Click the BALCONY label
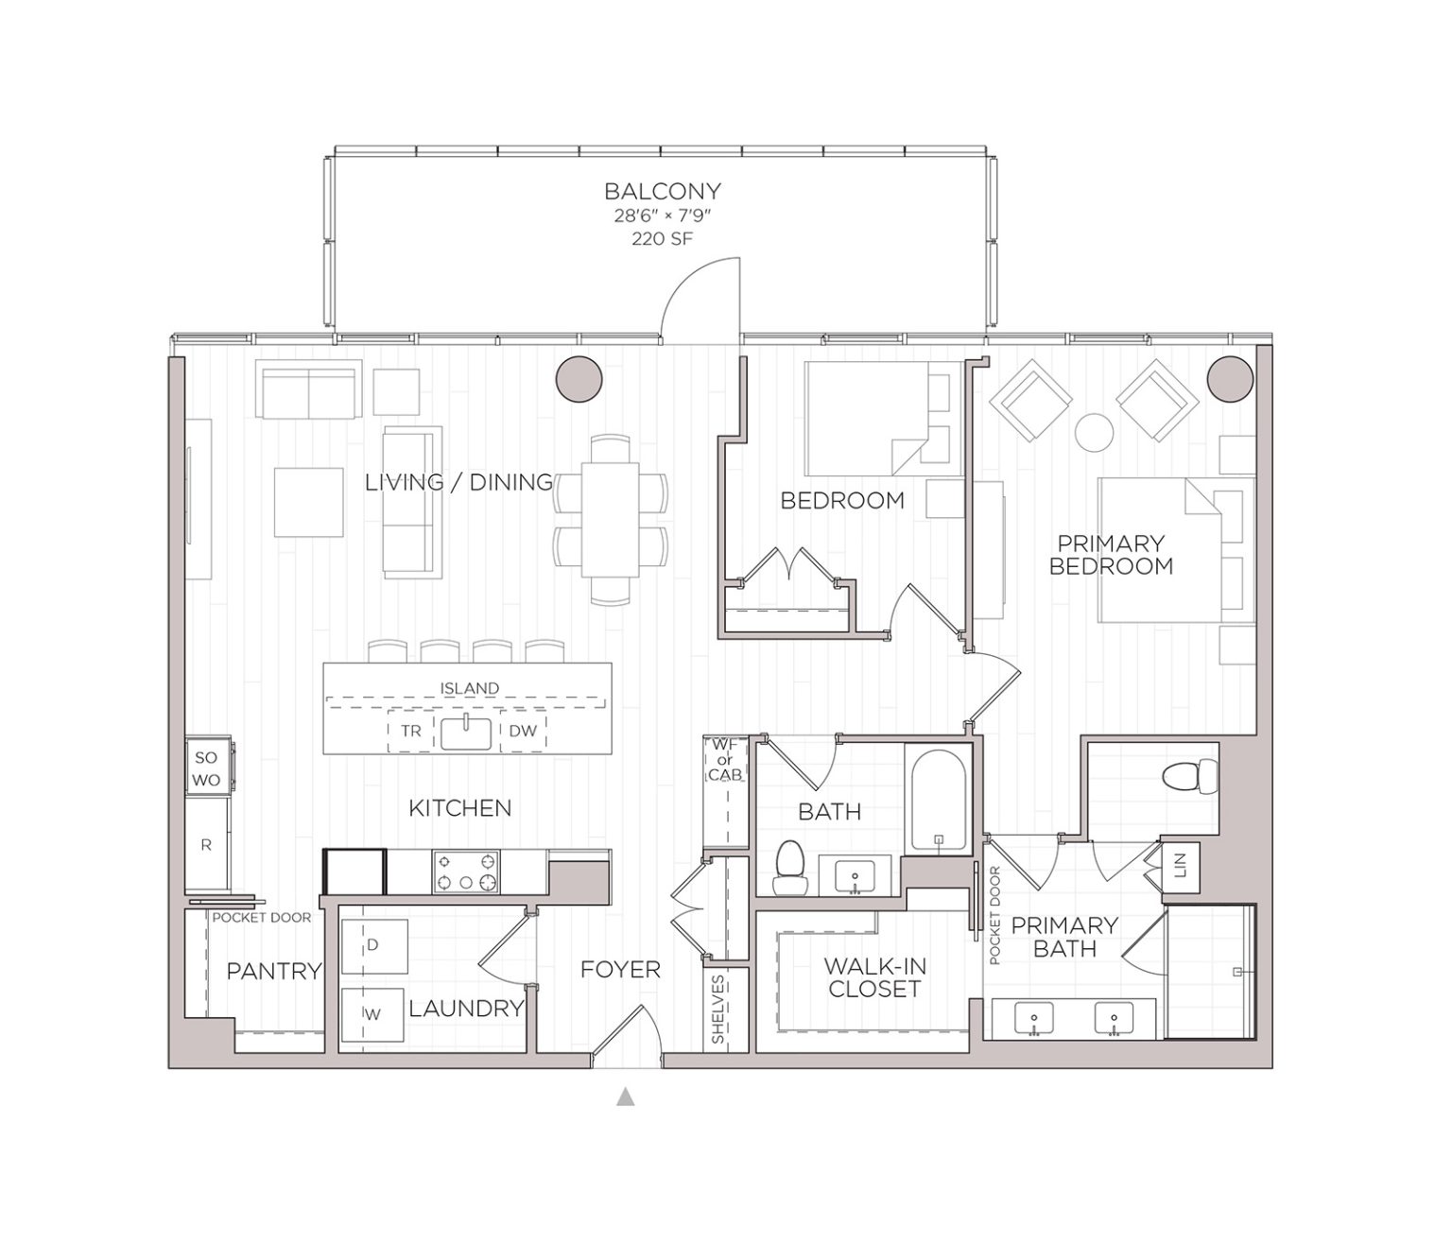(662, 191)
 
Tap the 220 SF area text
(662, 239)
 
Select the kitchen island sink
(467, 733)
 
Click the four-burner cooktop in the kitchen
(466, 872)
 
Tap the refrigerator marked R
(207, 845)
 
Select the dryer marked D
(373, 944)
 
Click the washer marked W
(373, 1014)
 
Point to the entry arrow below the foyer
(625, 1097)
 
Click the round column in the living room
(578, 380)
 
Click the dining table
(610, 518)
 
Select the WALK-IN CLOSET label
(874, 978)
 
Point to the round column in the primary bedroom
(1230, 378)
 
